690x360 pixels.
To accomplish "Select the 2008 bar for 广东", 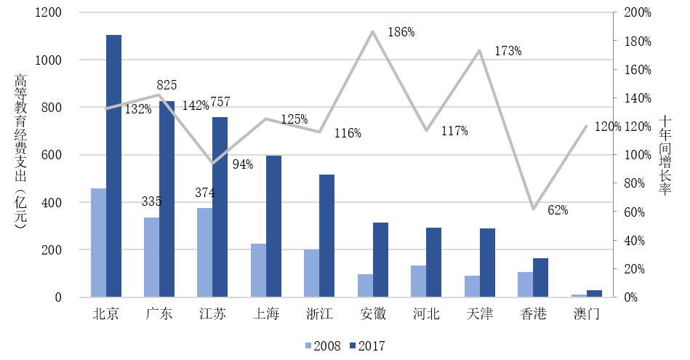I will pyautogui.click(x=151, y=257).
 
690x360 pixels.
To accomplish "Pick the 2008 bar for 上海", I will pyautogui.click(x=258, y=271).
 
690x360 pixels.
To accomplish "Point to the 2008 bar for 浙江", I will pyautogui.click(x=311, y=273).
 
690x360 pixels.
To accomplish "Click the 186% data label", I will pyautogui.click(x=401, y=32).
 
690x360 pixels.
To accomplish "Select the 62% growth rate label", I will pyautogui.click(x=558, y=210).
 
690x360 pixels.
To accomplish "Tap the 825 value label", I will pyautogui.click(x=167, y=85).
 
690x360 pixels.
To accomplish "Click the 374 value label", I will pyautogui.click(x=206, y=193).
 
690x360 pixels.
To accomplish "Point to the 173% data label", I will pyautogui.click(x=508, y=51).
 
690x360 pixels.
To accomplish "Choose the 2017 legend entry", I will pyautogui.click(x=367, y=346).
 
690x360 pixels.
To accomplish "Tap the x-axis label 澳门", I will pyautogui.click(x=587, y=315).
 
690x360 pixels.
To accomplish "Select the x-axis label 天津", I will pyautogui.click(x=480, y=315).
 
